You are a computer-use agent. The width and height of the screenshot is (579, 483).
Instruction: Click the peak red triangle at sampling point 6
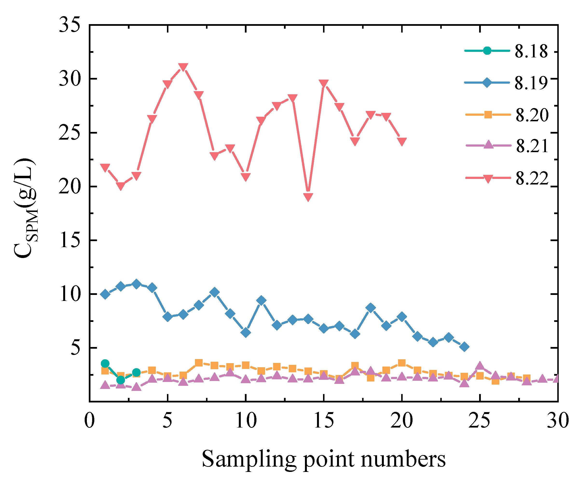[x=183, y=67]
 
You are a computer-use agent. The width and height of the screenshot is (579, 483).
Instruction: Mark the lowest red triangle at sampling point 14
[x=308, y=197]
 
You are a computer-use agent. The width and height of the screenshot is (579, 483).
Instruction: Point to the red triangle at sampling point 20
[x=402, y=142]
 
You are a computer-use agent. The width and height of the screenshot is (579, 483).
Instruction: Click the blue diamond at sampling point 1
[x=105, y=294]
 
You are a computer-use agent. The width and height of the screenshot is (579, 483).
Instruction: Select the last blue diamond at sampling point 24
[x=464, y=347]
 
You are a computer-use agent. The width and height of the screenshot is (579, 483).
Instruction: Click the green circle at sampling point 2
[x=120, y=380]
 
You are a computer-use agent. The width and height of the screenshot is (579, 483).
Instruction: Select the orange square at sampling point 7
[x=199, y=363]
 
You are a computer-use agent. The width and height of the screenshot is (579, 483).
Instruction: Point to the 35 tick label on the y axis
[x=70, y=25]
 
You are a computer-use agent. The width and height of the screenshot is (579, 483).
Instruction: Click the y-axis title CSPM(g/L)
[x=25, y=208]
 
